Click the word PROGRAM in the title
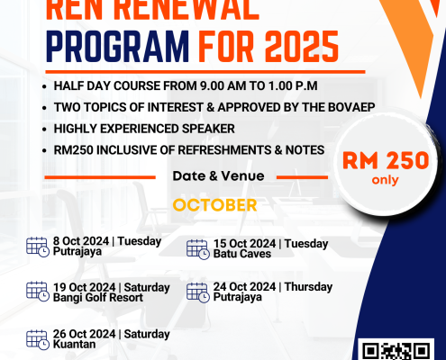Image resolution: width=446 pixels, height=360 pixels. [117, 47]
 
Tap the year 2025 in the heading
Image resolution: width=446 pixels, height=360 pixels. [302, 47]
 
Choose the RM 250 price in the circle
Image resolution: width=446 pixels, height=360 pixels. [386, 160]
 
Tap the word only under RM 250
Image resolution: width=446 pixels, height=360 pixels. [385, 180]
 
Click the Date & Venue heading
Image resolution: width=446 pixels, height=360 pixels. [218, 176]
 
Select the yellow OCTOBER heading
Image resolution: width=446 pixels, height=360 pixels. [214, 205]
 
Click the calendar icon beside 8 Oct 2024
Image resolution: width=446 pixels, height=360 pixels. [38, 247]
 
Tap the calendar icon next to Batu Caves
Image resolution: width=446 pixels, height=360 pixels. [198, 249]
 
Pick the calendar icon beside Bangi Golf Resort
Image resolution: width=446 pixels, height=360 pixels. [38, 292]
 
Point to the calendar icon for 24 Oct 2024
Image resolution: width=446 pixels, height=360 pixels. [198, 292]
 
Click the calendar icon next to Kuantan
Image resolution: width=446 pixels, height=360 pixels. [38, 340]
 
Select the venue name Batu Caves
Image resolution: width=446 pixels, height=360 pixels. [242, 254]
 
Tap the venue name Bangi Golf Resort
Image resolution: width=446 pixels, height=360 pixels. [98, 298]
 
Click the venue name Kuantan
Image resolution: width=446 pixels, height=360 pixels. [74, 344]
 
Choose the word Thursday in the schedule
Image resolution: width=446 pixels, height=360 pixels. [308, 287]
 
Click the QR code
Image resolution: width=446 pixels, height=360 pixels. [396, 350]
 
